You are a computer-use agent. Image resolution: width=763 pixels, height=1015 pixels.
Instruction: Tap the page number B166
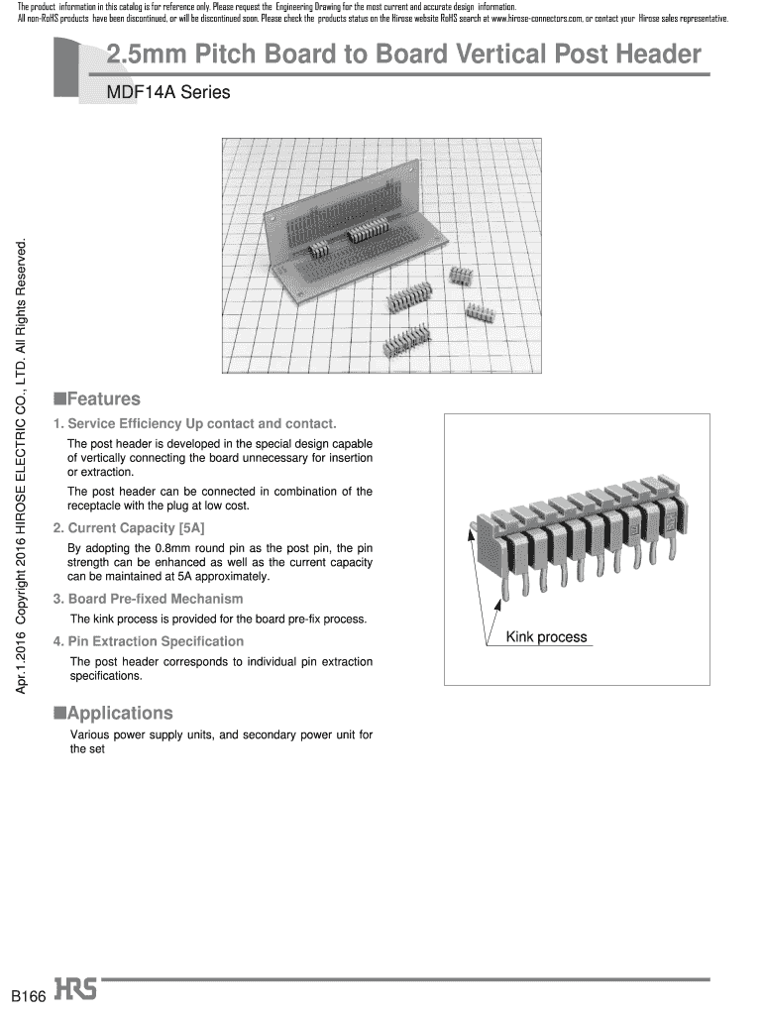tap(29, 995)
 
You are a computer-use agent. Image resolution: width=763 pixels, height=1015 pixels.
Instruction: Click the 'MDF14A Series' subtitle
tap(167, 93)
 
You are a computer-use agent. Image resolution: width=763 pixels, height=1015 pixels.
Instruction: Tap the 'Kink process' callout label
tap(546, 637)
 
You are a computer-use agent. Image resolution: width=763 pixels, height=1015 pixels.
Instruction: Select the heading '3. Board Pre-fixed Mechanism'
tap(148, 599)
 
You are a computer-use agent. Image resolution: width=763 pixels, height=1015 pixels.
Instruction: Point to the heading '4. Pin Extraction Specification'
tap(148, 641)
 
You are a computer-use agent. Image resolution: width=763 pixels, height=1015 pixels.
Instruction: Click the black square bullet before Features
tap(59, 398)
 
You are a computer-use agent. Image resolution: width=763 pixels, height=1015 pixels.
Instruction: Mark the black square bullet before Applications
tap(59, 712)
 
